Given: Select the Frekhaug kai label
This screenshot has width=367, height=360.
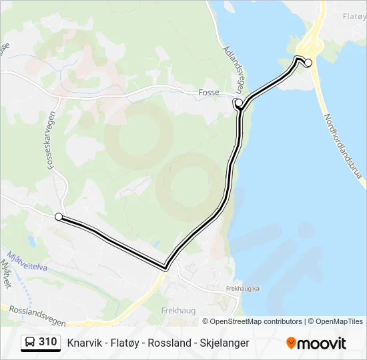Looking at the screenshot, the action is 244,289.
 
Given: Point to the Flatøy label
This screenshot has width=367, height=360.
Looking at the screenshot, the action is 354,16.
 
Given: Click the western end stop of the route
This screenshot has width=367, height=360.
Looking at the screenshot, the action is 59,217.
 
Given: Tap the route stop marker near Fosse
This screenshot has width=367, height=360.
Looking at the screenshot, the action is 238,103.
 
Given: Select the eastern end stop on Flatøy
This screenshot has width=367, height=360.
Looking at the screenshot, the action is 308,63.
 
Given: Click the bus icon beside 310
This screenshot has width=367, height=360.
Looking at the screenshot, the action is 30,343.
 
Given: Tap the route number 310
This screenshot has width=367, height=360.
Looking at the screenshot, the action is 48,342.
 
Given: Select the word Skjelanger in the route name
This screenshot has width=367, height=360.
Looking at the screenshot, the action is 225,343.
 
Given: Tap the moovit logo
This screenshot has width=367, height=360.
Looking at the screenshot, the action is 316,343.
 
